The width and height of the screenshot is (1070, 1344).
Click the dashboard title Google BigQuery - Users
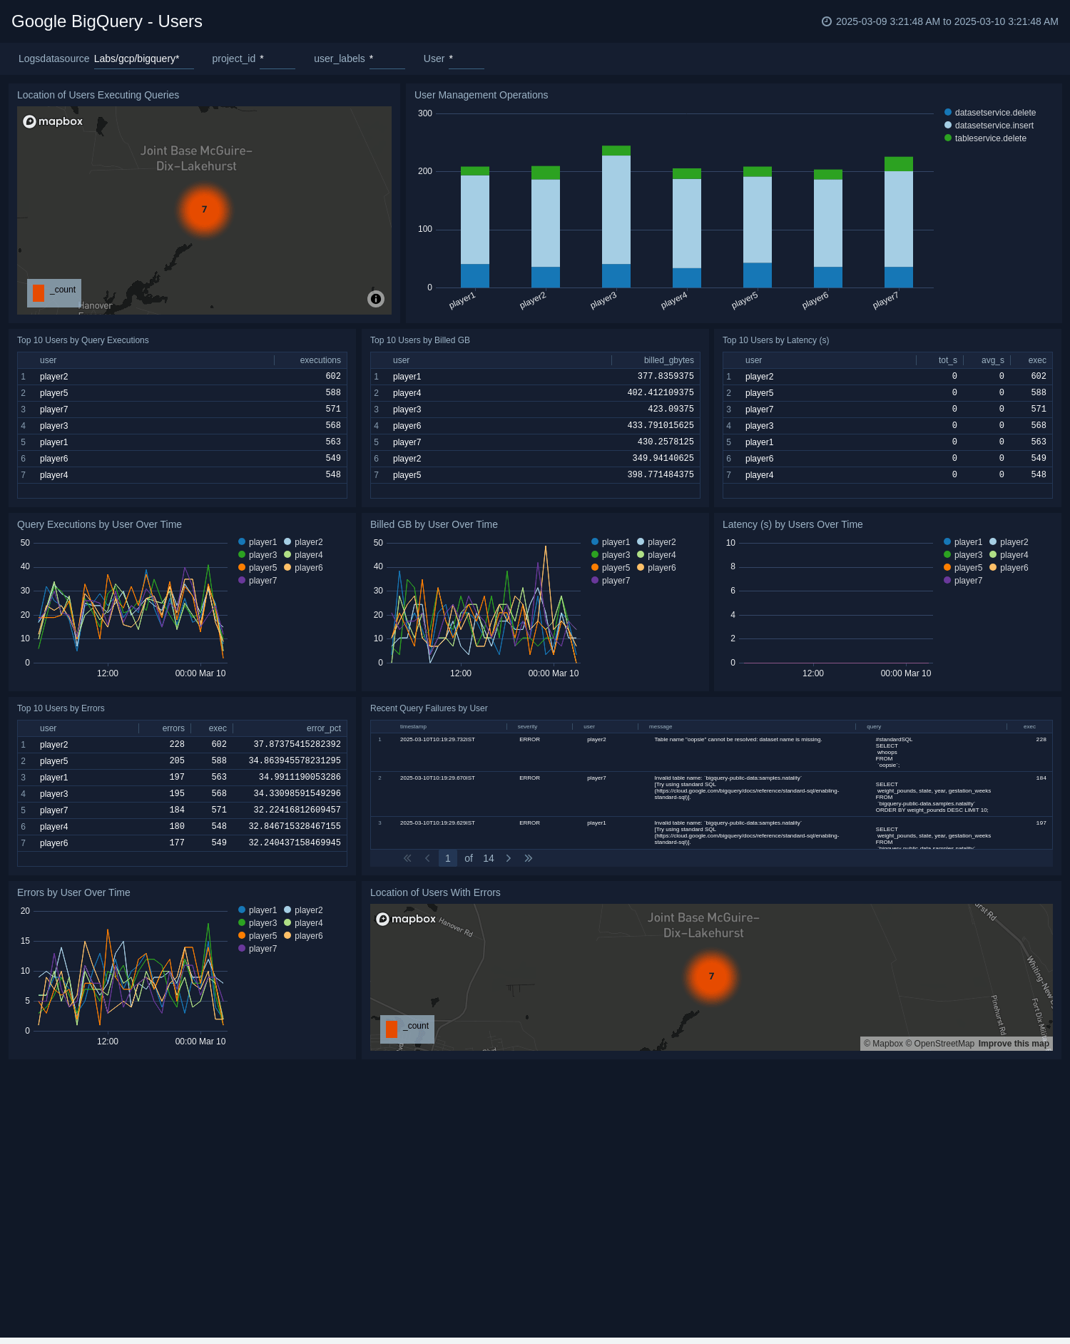[x=107, y=21]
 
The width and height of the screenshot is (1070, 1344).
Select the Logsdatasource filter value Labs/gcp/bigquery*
[x=137, y=58]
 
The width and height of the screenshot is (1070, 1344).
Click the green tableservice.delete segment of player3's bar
[x=616, y=151]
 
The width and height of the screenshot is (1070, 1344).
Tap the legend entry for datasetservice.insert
[x=994, y=126]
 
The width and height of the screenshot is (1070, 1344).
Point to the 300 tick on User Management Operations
[x=425, y=113]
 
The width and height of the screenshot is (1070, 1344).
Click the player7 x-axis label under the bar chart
[x=885, y=301]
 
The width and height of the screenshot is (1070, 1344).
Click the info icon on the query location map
[x=376, y=299]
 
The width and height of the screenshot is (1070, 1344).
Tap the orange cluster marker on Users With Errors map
[x=711, y=977]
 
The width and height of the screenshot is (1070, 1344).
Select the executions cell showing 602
[x=333, y=377]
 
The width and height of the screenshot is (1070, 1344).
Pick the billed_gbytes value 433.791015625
[x=661, y=426]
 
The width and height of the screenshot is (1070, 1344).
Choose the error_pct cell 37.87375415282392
[x=297, y=745]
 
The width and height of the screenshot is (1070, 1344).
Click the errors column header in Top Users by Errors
[x=173, y=728]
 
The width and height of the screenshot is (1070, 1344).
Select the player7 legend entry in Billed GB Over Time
[x=615, y=581]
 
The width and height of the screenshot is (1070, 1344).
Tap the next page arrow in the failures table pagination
[x=509, y=858]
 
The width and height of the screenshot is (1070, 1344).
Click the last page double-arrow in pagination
[x=529, y=858]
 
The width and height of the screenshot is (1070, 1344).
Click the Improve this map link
[x=1013, y=1044]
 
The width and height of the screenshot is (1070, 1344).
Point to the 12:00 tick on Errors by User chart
[x=108, y=1042]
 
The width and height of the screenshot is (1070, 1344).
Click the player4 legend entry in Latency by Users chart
[x=1014, y=555]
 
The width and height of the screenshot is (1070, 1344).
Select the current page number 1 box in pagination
[x=448, y=858]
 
